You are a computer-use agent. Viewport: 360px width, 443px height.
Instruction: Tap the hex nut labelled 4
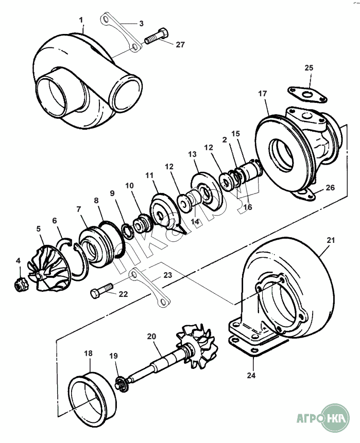20,283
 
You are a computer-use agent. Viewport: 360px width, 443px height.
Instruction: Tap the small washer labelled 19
122,383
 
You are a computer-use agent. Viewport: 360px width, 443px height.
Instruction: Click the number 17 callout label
262,94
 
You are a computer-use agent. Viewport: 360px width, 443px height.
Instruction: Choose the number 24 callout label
251,376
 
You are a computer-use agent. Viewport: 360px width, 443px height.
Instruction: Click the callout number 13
192,154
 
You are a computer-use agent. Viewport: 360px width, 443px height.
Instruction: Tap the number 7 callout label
79,209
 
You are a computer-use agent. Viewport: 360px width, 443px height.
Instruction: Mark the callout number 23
168,275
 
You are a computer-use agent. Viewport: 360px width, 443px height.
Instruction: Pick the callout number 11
150,175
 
